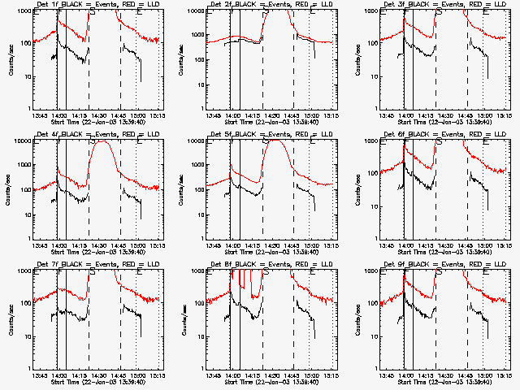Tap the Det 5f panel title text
coord(268,136)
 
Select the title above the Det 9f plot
coord(442,266)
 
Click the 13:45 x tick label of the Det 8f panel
coord(214,376)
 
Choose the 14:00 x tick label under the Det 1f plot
coord(58,116)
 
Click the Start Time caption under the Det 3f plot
coord(442,123)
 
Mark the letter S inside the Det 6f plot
coord(440,141)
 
